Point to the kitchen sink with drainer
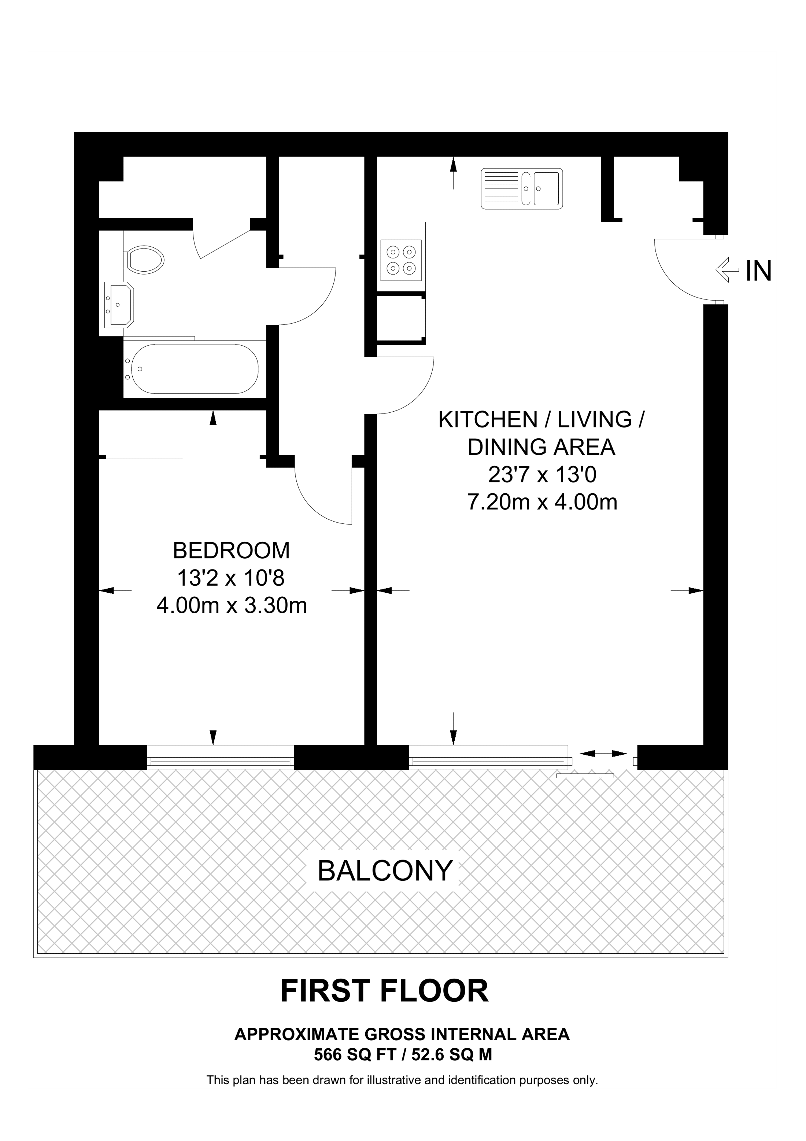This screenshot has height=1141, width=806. pos(522,188)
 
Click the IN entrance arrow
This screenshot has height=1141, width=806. pos(728,270)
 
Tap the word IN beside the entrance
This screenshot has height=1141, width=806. pos(758,271)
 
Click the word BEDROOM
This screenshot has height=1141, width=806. pos(232,550)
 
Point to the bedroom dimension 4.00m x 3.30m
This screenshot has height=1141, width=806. pos(232,605)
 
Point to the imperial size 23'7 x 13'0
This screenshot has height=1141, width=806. pos(542,475)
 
